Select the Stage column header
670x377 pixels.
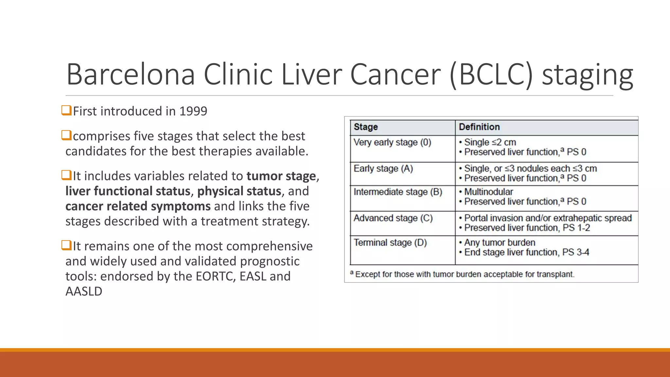pos(366,127)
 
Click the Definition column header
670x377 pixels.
pos(479,127)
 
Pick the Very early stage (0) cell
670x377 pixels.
pos(392,143)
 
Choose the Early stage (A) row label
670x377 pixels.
pos(383,169)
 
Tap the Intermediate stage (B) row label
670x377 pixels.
pos(398,192)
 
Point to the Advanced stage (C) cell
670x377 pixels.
pos(393,218)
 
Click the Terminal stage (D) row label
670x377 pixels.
pos(390,243)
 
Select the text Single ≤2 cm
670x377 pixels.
pos(490,142)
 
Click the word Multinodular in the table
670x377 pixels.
pos(488,192)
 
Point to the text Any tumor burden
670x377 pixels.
pos(500,242)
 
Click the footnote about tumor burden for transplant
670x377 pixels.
pos(464,274)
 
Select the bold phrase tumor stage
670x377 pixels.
pos(281,176)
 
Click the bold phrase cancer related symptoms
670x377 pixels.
pos(138,206)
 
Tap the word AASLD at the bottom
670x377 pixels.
pos(84,291)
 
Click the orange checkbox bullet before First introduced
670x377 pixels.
pos(66,110)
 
